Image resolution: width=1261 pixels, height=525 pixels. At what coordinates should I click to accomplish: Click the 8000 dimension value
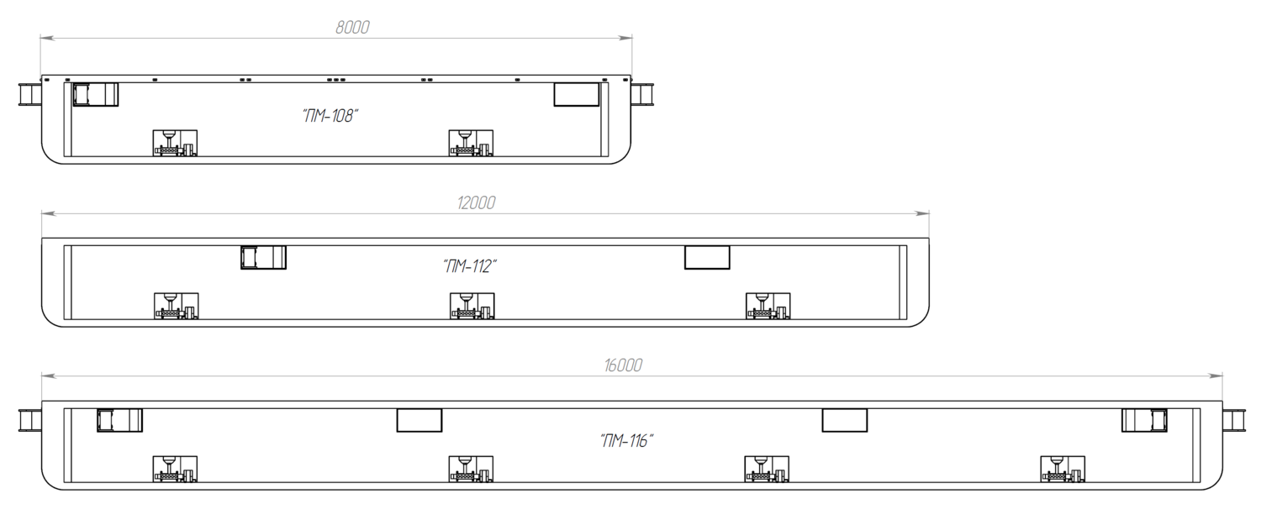(x=352, y=27)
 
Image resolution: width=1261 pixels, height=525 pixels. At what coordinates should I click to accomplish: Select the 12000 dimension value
(x=477, y=202)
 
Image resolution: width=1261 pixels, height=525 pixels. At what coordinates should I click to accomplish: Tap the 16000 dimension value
(x=623, y=365)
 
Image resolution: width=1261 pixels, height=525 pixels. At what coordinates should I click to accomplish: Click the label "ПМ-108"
(x=330, y=115)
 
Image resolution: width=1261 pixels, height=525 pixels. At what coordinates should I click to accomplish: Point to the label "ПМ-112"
(x=470, y=265)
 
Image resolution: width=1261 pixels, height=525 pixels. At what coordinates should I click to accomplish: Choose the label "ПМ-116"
(x=626, y=440)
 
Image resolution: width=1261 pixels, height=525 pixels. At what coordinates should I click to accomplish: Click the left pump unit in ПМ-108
(x=175, y=143)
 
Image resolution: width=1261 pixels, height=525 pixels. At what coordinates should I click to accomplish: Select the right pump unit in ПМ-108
(x=471, y=143)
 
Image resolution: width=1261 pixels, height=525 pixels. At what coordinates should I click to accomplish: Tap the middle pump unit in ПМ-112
(x=472, y=306)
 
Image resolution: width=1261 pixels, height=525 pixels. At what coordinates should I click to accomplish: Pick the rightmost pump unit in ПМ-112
(x=768, y=306)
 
